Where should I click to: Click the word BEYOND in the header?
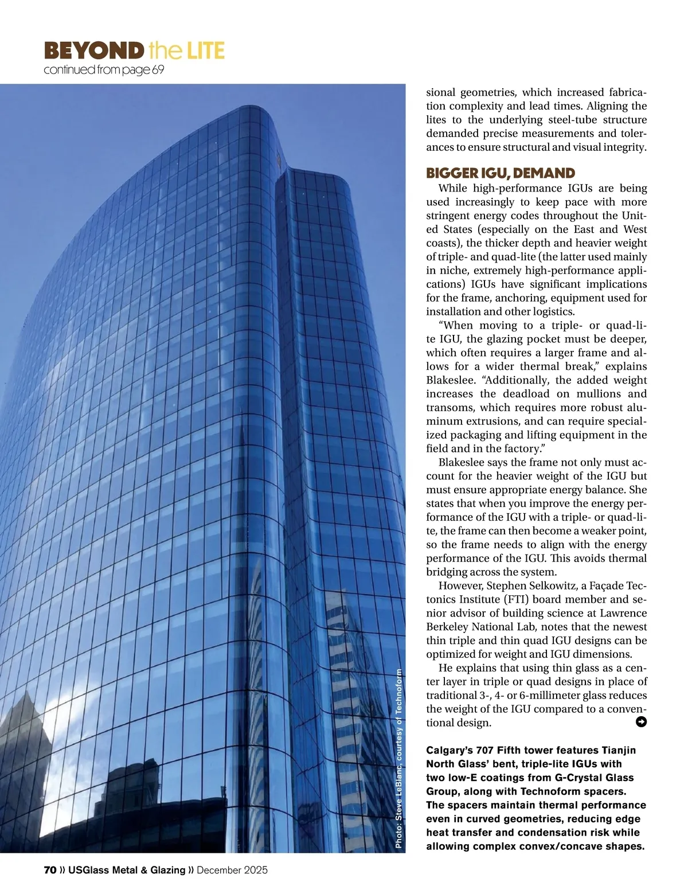point(92,52)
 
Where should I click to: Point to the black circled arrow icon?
point(642,721)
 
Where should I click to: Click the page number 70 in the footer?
point(50,870)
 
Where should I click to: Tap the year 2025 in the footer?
point(255,870)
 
